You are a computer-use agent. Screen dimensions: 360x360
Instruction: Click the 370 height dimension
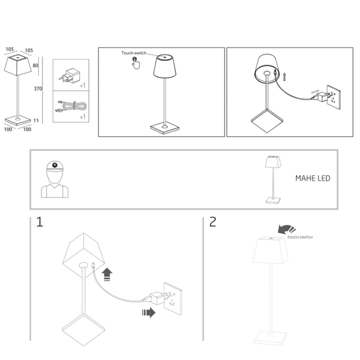38,89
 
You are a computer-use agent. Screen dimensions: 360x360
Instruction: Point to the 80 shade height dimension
35,65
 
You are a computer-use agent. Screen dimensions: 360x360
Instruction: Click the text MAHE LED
312,179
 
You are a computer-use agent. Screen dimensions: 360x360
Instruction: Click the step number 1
40,223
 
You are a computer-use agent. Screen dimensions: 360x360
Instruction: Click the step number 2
213,223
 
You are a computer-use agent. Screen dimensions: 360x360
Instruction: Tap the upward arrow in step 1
107,275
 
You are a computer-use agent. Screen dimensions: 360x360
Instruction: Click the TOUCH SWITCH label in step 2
300,238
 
